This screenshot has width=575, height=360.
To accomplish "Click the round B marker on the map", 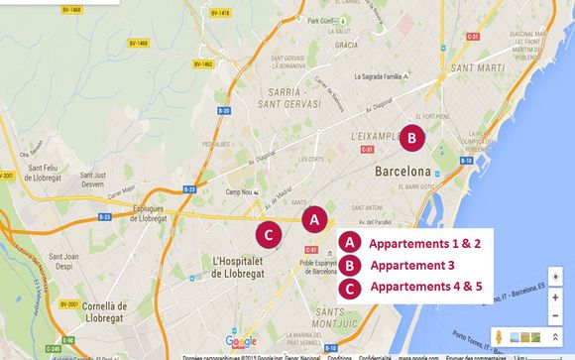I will [x=412, y=139].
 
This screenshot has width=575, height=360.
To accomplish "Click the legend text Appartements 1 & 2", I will [x=424, y=243].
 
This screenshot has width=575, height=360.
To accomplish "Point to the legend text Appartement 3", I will [x=412, y=266].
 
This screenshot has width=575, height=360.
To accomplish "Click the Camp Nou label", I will [x=240, y=191].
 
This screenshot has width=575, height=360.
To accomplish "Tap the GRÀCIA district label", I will [x=347, y=45].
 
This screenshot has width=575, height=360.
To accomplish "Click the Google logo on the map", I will [x=241, y=341].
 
